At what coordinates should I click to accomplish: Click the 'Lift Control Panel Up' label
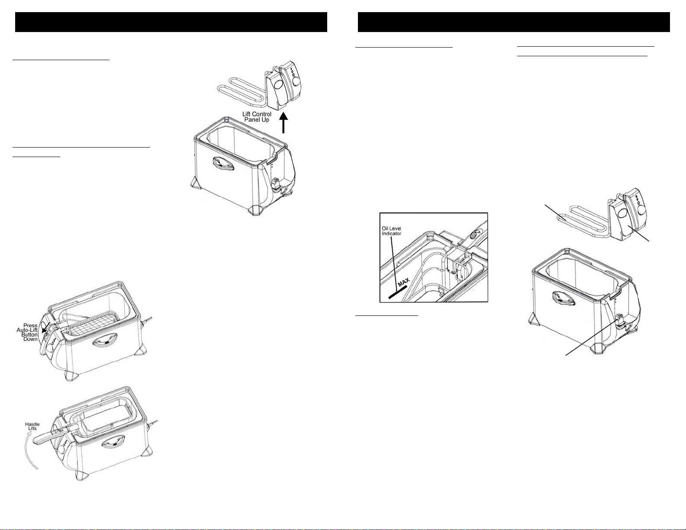click(257, 117)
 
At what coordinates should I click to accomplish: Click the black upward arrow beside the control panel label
click(284, 122)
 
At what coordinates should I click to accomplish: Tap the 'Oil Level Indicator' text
click(391, 231)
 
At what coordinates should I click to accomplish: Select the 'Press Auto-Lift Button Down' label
click(27, 332)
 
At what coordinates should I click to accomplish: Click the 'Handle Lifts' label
click(32, 426)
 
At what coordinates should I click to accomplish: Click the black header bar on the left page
click(171, 22)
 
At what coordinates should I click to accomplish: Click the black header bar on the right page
click(514, 22)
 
